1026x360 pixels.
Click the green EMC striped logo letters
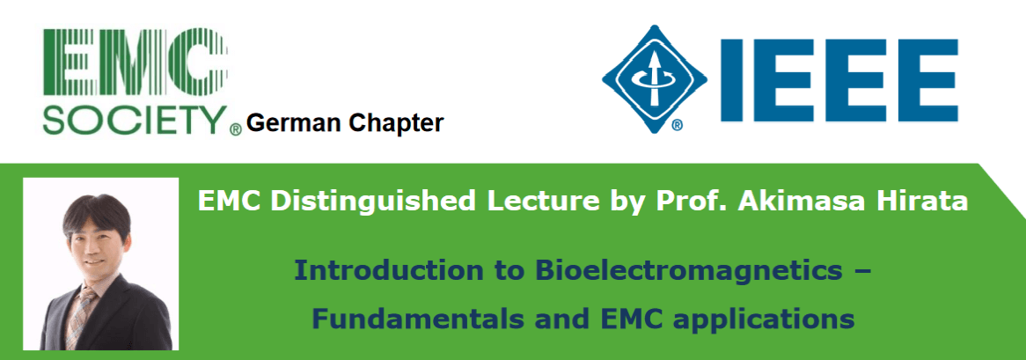135,64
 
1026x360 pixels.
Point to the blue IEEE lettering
839,80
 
